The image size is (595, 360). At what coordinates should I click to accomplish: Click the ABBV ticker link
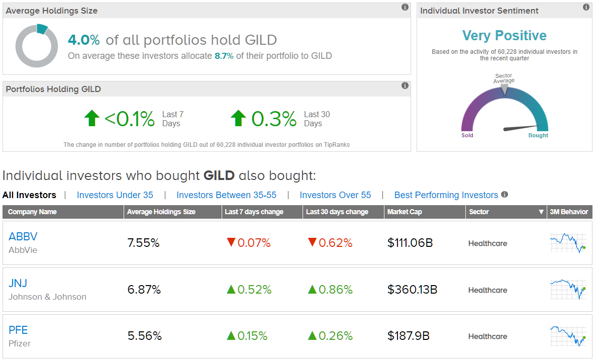coord(23,237)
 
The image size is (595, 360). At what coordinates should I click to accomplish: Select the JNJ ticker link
coord(18,284)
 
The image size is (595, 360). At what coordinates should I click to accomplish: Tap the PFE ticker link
coord(18,330)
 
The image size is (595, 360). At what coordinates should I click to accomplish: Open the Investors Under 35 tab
coord(115,195)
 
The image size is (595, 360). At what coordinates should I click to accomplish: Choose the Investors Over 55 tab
coord(335,195)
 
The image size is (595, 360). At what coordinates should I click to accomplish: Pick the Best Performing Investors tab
coord(446,195)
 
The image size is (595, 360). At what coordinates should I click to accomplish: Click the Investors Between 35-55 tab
coord(227,195)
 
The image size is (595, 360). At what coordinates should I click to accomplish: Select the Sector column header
coord(479,212)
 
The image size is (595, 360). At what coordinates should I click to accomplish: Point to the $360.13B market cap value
coord(413,290)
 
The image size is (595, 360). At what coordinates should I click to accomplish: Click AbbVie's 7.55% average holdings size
coord(143,243)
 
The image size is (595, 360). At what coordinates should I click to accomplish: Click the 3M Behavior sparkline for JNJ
coord(568,289)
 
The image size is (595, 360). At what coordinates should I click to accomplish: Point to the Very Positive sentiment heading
coord(505,36)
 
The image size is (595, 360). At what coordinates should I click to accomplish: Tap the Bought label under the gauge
coord(538,135)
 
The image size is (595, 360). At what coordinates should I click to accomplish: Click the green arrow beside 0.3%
coord(238,119)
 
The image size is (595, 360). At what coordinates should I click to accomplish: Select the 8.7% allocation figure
coord(224,56)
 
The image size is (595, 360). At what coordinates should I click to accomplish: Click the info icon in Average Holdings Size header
coord(405,7)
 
